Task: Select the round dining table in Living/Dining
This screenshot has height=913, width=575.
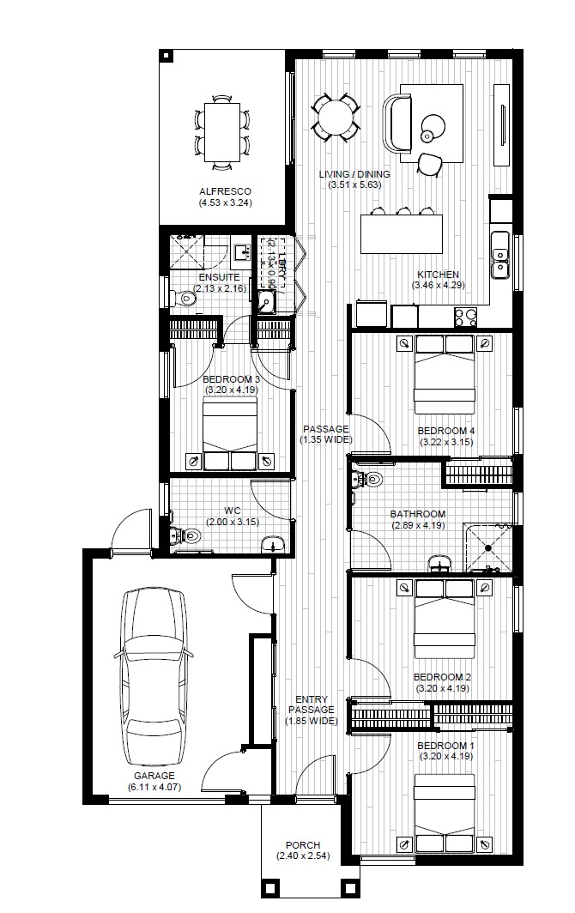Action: tap(335, 116)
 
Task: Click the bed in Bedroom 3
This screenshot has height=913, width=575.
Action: tap(230, 434)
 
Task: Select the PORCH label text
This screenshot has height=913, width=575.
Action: tap(301, 844)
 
